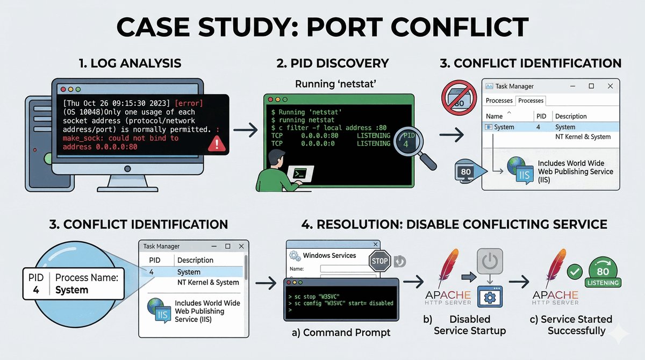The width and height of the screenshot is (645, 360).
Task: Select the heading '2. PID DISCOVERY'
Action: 332,63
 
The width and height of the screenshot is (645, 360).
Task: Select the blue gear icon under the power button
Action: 490,297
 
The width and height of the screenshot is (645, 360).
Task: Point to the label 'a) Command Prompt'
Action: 341,333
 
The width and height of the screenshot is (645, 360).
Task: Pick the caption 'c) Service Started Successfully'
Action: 576,325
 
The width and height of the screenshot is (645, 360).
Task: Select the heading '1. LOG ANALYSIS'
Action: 130,63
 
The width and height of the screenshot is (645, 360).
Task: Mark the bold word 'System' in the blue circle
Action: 71,290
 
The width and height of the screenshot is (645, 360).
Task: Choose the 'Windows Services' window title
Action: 329,255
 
